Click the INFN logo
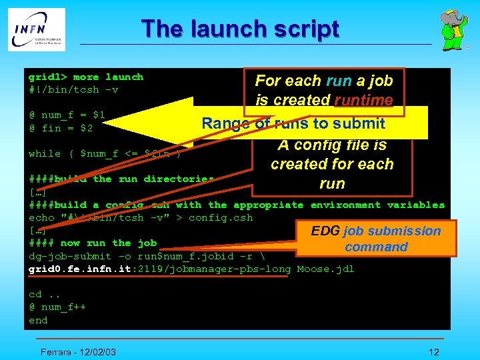point(37,29)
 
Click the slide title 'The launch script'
point(240,29)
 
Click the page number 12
point(434,351)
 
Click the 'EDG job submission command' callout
point(376,239)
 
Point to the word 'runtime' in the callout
point(363,101)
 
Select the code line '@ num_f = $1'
point(67,115)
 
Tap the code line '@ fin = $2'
point(61,128)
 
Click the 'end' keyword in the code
point(38,320)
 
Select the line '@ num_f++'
point(57,307)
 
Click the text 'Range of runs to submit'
point(293,123)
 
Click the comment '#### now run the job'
point(93,243)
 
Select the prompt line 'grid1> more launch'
point(85,77)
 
